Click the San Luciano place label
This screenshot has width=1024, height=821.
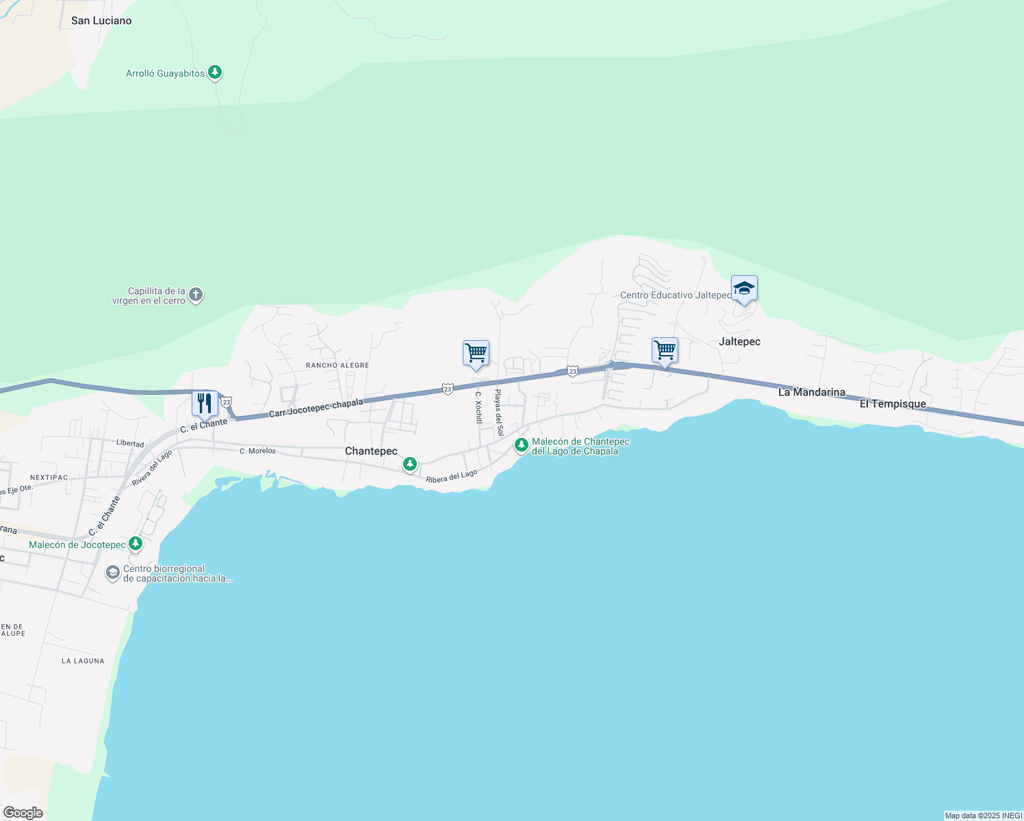click(x=101, y=21)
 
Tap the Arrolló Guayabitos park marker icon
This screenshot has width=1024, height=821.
click(x=215, y=72)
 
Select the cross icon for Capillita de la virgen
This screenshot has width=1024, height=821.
click(x=196, y=295)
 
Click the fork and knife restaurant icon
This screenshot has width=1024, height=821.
click(x=205, y=404)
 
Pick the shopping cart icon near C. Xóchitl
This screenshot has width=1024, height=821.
click(x=476, y=353)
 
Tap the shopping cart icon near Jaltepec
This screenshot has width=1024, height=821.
click(x=665, y=350)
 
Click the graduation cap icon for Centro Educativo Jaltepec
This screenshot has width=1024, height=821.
click(x=744, y=289)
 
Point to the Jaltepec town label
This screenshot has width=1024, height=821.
click(x=739, y=341)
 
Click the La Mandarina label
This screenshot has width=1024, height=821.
click(x=812, y=392)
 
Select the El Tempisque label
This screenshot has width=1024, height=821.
click(x=893, y=404)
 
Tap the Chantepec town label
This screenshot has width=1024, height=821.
click(x=371, y=451)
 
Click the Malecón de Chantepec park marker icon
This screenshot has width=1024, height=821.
click(x=522, y=445)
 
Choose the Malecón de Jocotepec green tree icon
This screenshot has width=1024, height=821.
click(x=136, y=544)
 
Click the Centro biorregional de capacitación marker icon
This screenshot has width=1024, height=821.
click(x=113, y=572)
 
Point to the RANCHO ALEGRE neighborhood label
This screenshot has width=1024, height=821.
click(x=337, y=365)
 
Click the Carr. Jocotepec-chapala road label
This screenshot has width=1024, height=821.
click(x=316, y=408)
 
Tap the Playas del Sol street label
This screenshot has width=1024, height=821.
click(x=500, y=413)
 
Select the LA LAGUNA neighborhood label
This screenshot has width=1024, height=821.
click(x=83, y=661)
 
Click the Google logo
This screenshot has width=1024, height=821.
click(x=23, y=813)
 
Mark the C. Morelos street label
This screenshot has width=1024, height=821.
click(x=257, y=451)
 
